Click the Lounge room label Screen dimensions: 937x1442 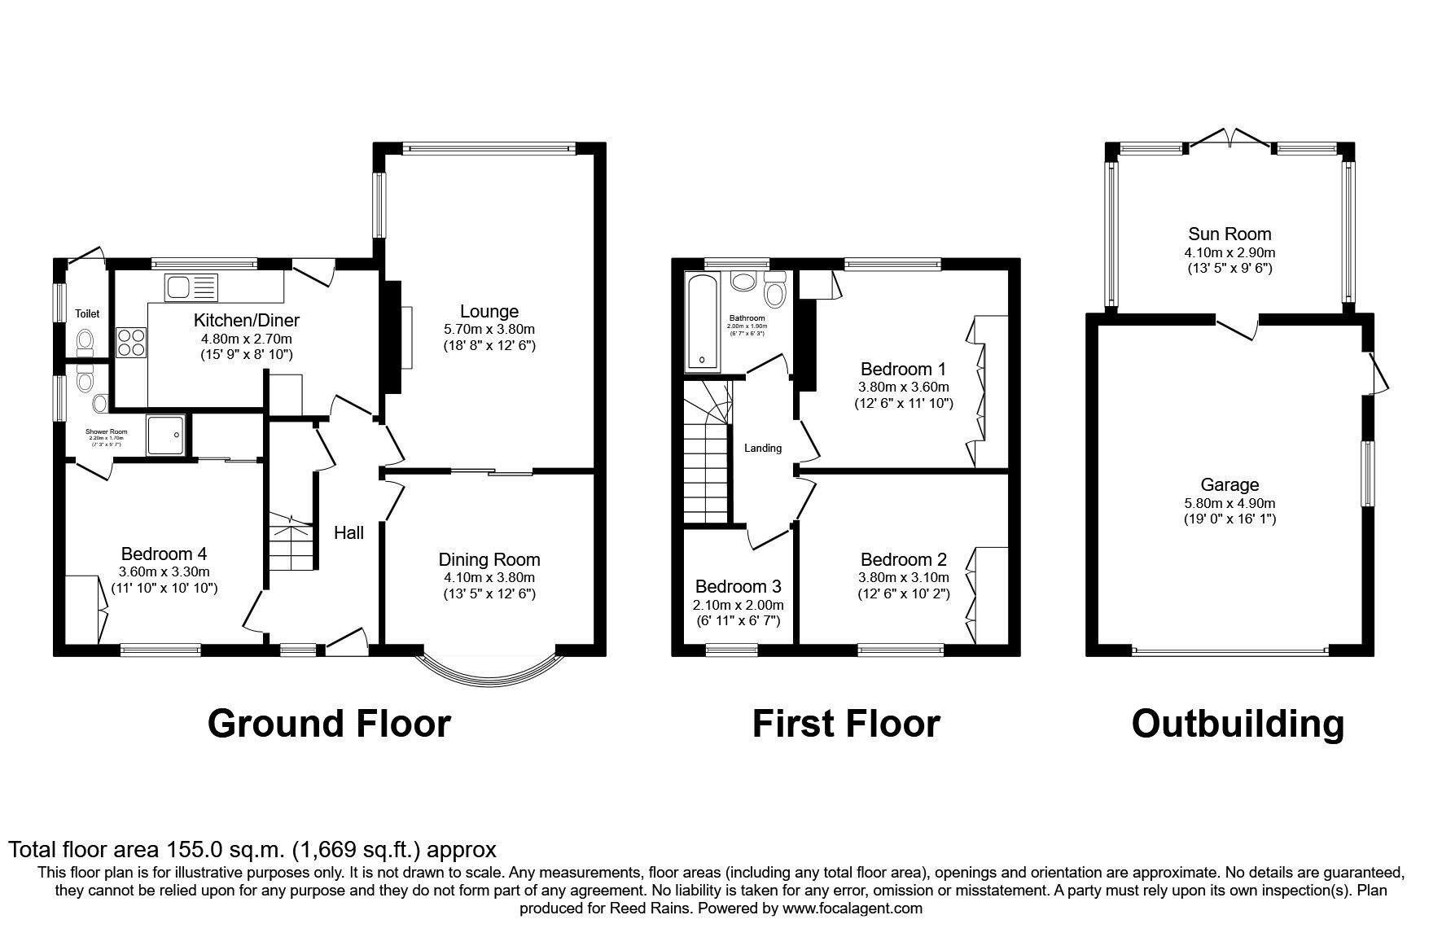(489, 311)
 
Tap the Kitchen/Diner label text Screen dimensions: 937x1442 (247, 320)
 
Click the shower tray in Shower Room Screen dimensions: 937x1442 (166, 435)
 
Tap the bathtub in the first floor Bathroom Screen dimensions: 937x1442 (702, 322)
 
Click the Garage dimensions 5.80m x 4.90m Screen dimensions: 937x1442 (1229, 503)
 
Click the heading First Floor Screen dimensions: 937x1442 (845, 723)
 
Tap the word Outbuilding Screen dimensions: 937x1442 (1237, 723)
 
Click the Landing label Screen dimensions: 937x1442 (763, 448)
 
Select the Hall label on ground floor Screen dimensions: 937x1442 (348, 532)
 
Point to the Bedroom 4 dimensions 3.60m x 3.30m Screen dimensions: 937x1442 (164, 571)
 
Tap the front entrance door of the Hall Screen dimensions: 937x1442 (347, 642)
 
